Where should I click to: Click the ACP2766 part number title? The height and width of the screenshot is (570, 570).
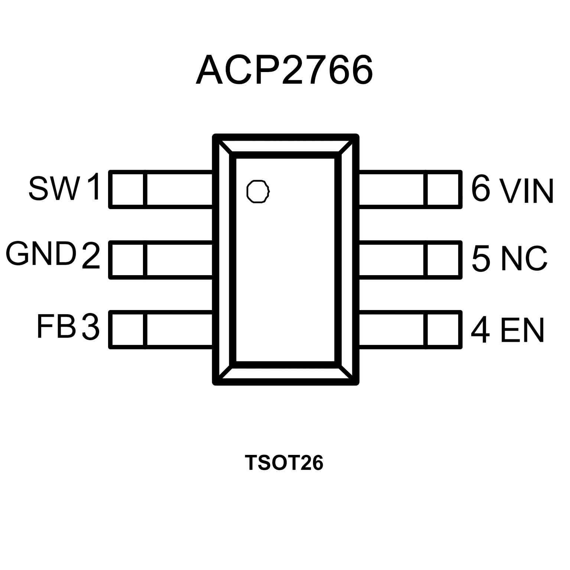[284, 70]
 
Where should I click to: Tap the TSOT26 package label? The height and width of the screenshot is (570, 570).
[284, 463]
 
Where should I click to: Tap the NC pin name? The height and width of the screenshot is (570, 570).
[524, 258]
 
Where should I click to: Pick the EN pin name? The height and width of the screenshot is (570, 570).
[522, 330]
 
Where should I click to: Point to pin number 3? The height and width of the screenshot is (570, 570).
[91, 327]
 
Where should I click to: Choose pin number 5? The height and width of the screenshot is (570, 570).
[481, 258]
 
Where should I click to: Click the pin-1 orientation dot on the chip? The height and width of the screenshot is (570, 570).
[258, 192]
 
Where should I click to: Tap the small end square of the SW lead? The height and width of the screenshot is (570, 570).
[127, 189]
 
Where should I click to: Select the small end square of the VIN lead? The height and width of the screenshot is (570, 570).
[443, 189]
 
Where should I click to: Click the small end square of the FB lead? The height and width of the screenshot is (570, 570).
[127, 329]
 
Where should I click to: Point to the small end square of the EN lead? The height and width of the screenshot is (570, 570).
[443, 329]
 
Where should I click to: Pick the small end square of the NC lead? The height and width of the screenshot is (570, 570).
[443, 259]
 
